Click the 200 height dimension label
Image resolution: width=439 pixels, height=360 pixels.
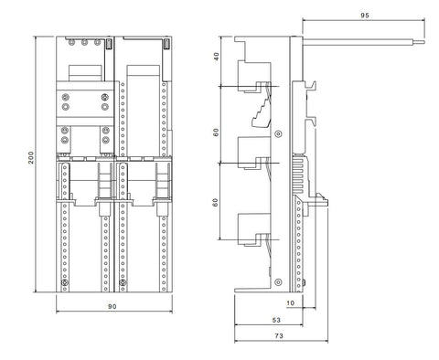31,157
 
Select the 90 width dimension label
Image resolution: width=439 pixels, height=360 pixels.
112,306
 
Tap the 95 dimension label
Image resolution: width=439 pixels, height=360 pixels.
365,16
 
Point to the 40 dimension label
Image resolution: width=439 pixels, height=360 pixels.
216,57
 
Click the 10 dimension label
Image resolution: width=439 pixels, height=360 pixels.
290,303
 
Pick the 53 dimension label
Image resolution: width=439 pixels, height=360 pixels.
276,320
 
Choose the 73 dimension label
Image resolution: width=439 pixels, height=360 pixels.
279,335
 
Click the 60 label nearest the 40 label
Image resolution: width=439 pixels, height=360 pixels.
216,132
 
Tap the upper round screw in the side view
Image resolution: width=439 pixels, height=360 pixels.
278,133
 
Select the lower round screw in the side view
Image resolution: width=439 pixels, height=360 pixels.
278,282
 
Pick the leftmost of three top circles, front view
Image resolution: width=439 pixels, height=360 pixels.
71,42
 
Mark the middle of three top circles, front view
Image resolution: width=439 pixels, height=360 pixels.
84,42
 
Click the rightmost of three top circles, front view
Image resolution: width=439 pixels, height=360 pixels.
97,42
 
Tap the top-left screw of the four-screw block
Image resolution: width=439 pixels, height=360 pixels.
65,98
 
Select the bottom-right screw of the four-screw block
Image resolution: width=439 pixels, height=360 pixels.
105,107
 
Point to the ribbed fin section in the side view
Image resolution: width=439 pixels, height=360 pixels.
299,174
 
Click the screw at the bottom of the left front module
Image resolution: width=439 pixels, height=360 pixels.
64,282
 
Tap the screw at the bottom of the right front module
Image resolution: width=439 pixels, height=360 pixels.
123,282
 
